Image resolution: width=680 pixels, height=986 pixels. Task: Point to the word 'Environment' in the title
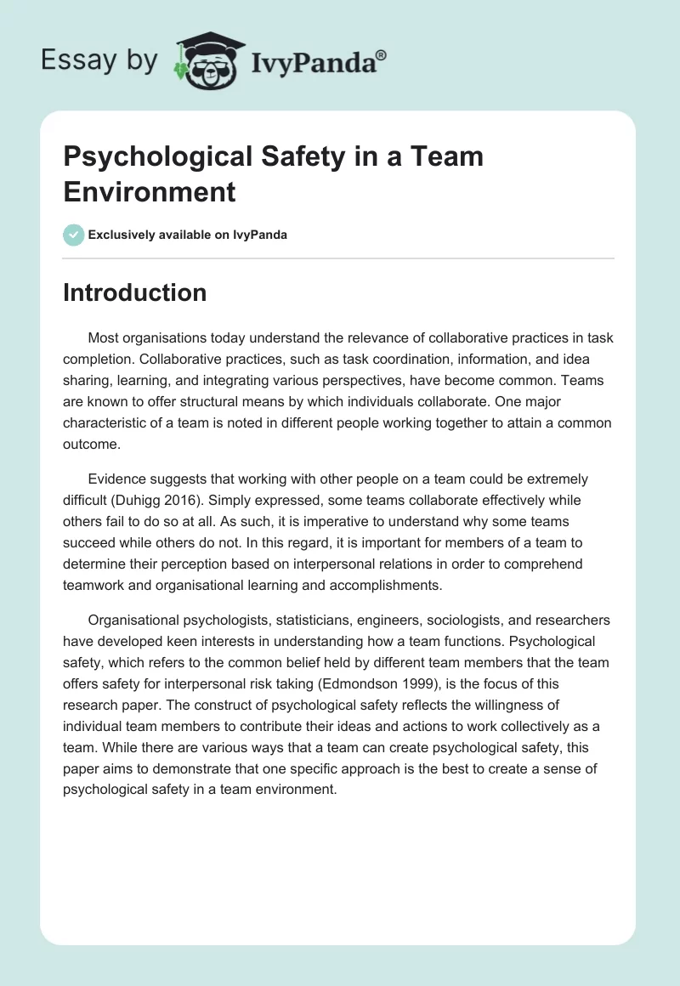point(150,191)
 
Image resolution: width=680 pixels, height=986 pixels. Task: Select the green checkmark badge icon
point(74,235)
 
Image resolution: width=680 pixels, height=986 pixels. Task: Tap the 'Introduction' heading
point(135,292)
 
